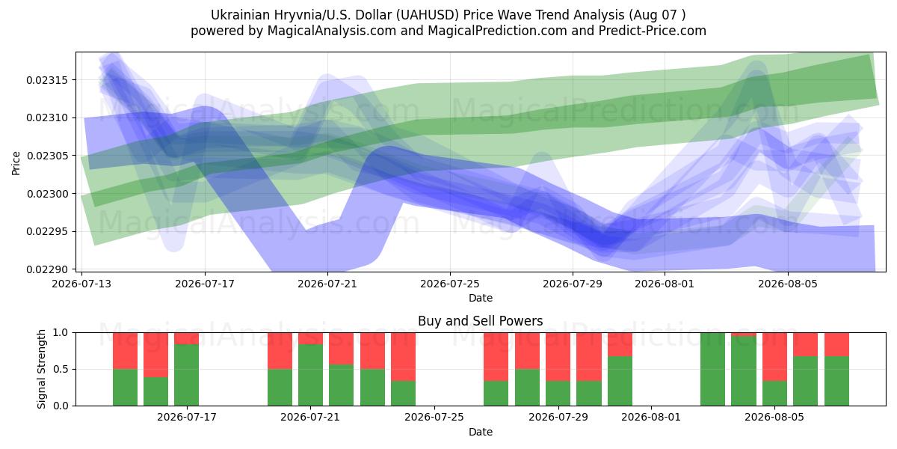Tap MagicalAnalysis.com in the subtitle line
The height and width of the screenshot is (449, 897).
(332, 31)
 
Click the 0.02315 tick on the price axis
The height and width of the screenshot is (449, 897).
(47, 80)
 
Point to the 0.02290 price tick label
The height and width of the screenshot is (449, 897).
(47, 269)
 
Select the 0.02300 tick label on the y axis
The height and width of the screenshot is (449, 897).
(47, 194)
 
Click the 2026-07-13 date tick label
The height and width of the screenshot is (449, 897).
(81, 284)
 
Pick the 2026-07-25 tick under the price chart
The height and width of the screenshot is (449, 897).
(450, 284)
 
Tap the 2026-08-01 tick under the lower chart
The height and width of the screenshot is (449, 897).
(651, 417)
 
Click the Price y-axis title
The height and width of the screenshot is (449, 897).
(16, 163)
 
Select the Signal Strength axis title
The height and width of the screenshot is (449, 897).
(41, 369)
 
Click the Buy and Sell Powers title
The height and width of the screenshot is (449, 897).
(480, 321)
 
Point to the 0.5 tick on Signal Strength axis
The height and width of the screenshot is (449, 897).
(61, 369)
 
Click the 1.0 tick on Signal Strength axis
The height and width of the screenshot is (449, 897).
(61, 333)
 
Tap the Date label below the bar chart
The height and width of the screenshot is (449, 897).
(480, 432)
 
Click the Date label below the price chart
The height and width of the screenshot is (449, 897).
(480, 298)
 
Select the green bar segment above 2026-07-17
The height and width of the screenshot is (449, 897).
(187, 375)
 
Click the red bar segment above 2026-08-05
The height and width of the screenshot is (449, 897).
(774, 357)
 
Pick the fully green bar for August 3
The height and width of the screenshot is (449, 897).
(712, 369)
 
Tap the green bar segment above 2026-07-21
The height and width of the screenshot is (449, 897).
(310, 375)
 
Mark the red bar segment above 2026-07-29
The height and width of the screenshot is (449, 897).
(558, 357)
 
